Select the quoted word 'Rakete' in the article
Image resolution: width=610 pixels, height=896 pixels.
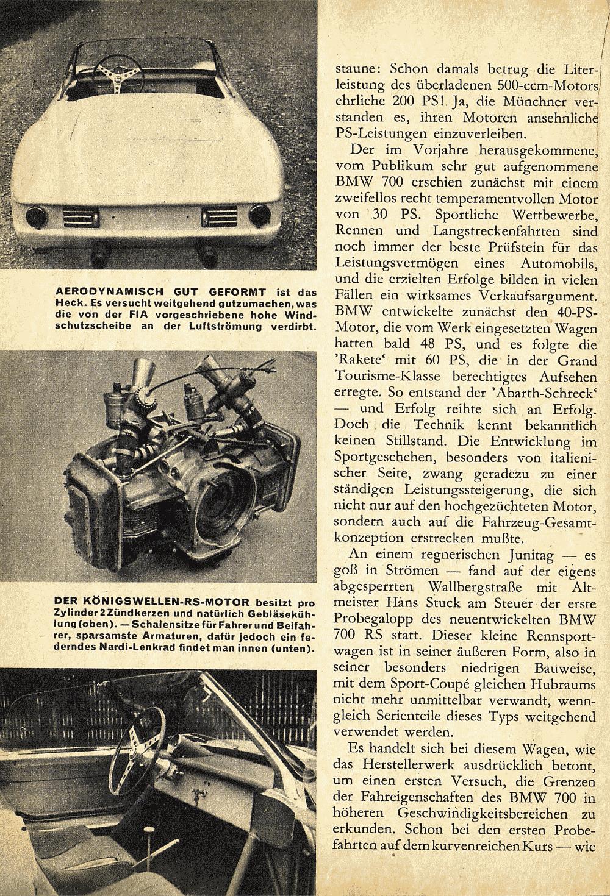(361, 360)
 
